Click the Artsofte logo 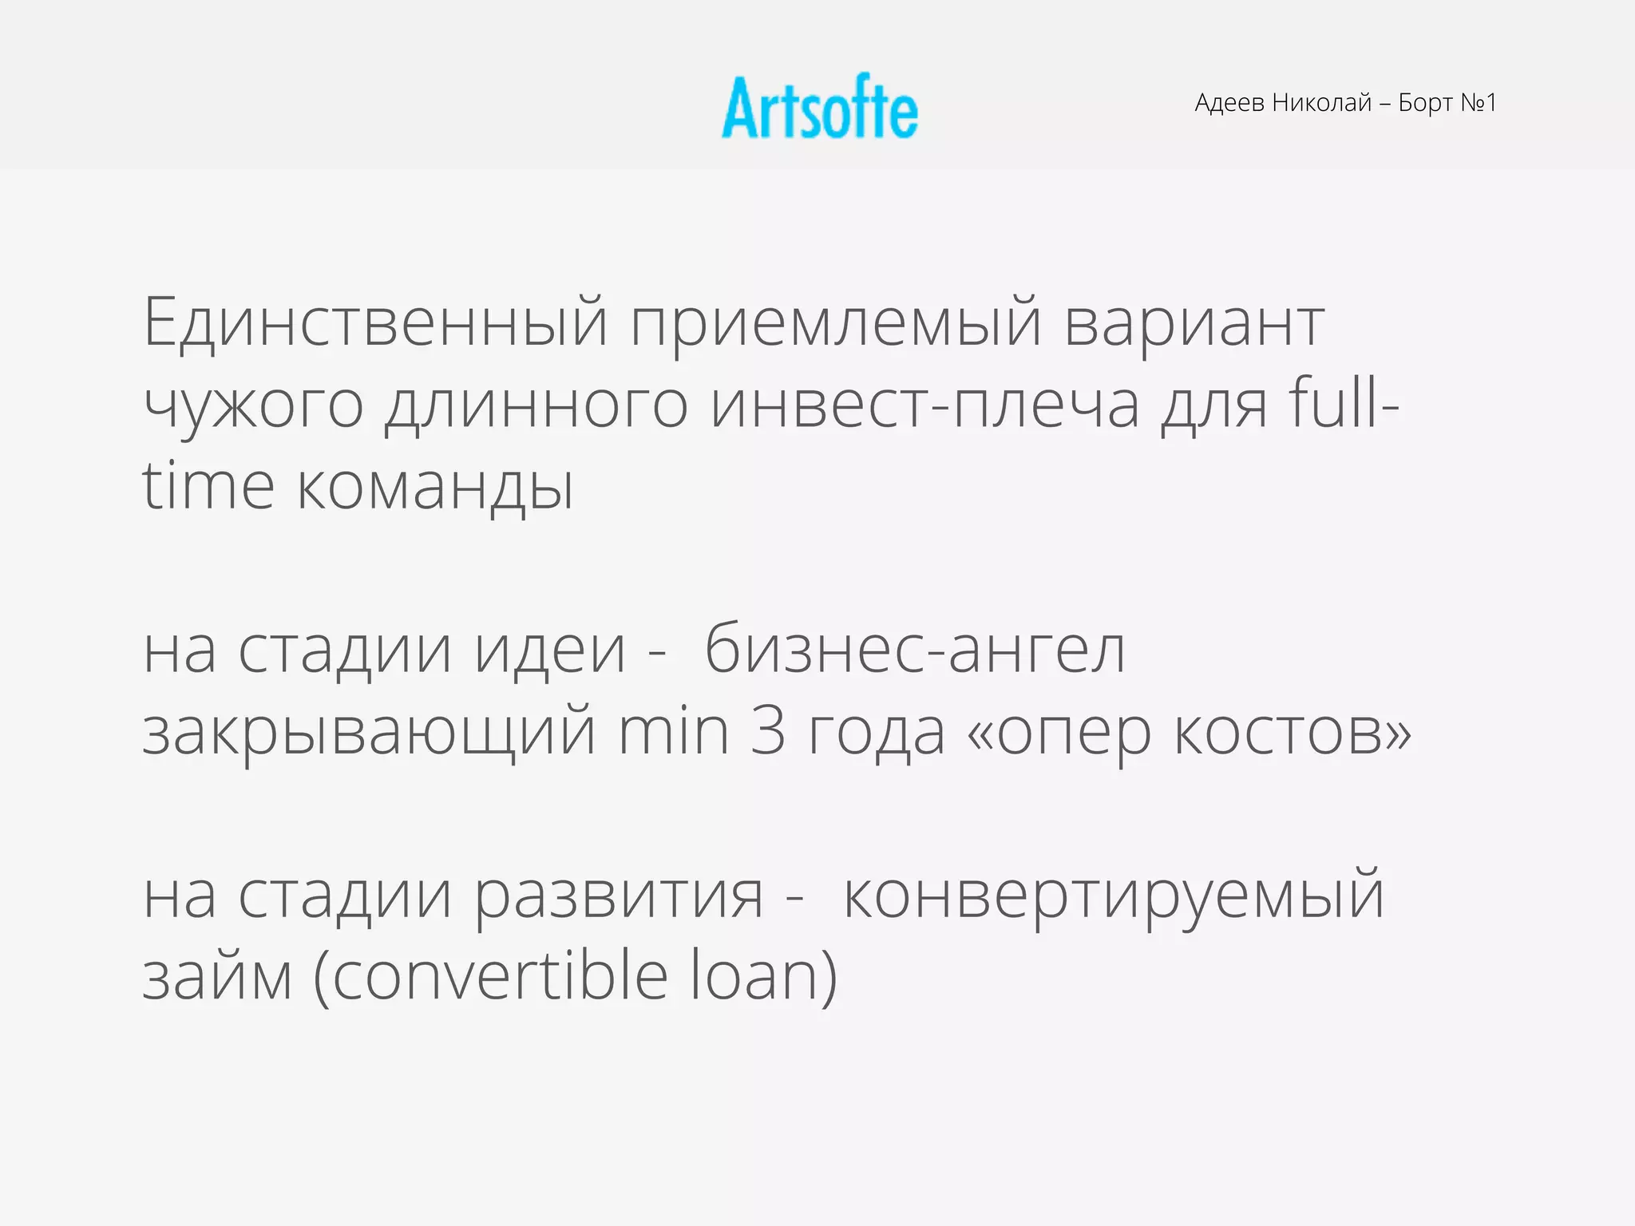[820, 108]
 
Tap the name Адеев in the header [1229, 103]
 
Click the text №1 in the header [1478, 103]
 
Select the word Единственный [376, 323]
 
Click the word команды [436, 488]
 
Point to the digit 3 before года [768, 733]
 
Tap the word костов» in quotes [1293, 733]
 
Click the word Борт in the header [1425, 104]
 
